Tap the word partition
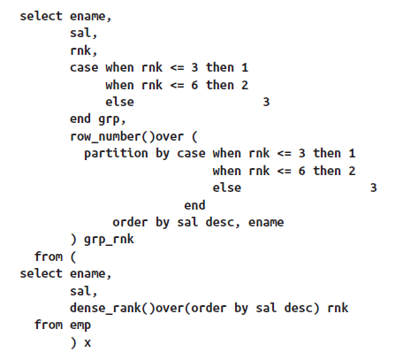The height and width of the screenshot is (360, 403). (116, 154)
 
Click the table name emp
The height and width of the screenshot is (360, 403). (80, 326)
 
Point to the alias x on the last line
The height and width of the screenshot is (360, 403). (87, 343)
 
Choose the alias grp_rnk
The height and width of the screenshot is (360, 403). (109, 240)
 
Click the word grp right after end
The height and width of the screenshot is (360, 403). (109, 119)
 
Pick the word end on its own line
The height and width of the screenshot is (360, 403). (194, 205)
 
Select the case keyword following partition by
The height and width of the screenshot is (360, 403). (191, 154)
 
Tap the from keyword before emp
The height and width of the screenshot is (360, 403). (49, 325)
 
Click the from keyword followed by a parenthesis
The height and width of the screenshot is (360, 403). (49, 257)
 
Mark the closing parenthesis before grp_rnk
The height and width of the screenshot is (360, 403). (73, 240)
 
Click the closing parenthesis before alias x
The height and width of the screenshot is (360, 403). (73, 342)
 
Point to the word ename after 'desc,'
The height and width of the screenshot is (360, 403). (266, 222)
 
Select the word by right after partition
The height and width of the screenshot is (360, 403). (163, 154)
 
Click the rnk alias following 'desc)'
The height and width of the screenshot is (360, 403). (338, 308)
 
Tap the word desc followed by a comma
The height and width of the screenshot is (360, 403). (220, 222)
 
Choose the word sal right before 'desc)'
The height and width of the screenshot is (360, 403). (266, 308)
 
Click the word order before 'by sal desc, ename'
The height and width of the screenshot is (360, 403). (130, 222)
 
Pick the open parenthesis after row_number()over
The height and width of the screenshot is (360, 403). (194, 137)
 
